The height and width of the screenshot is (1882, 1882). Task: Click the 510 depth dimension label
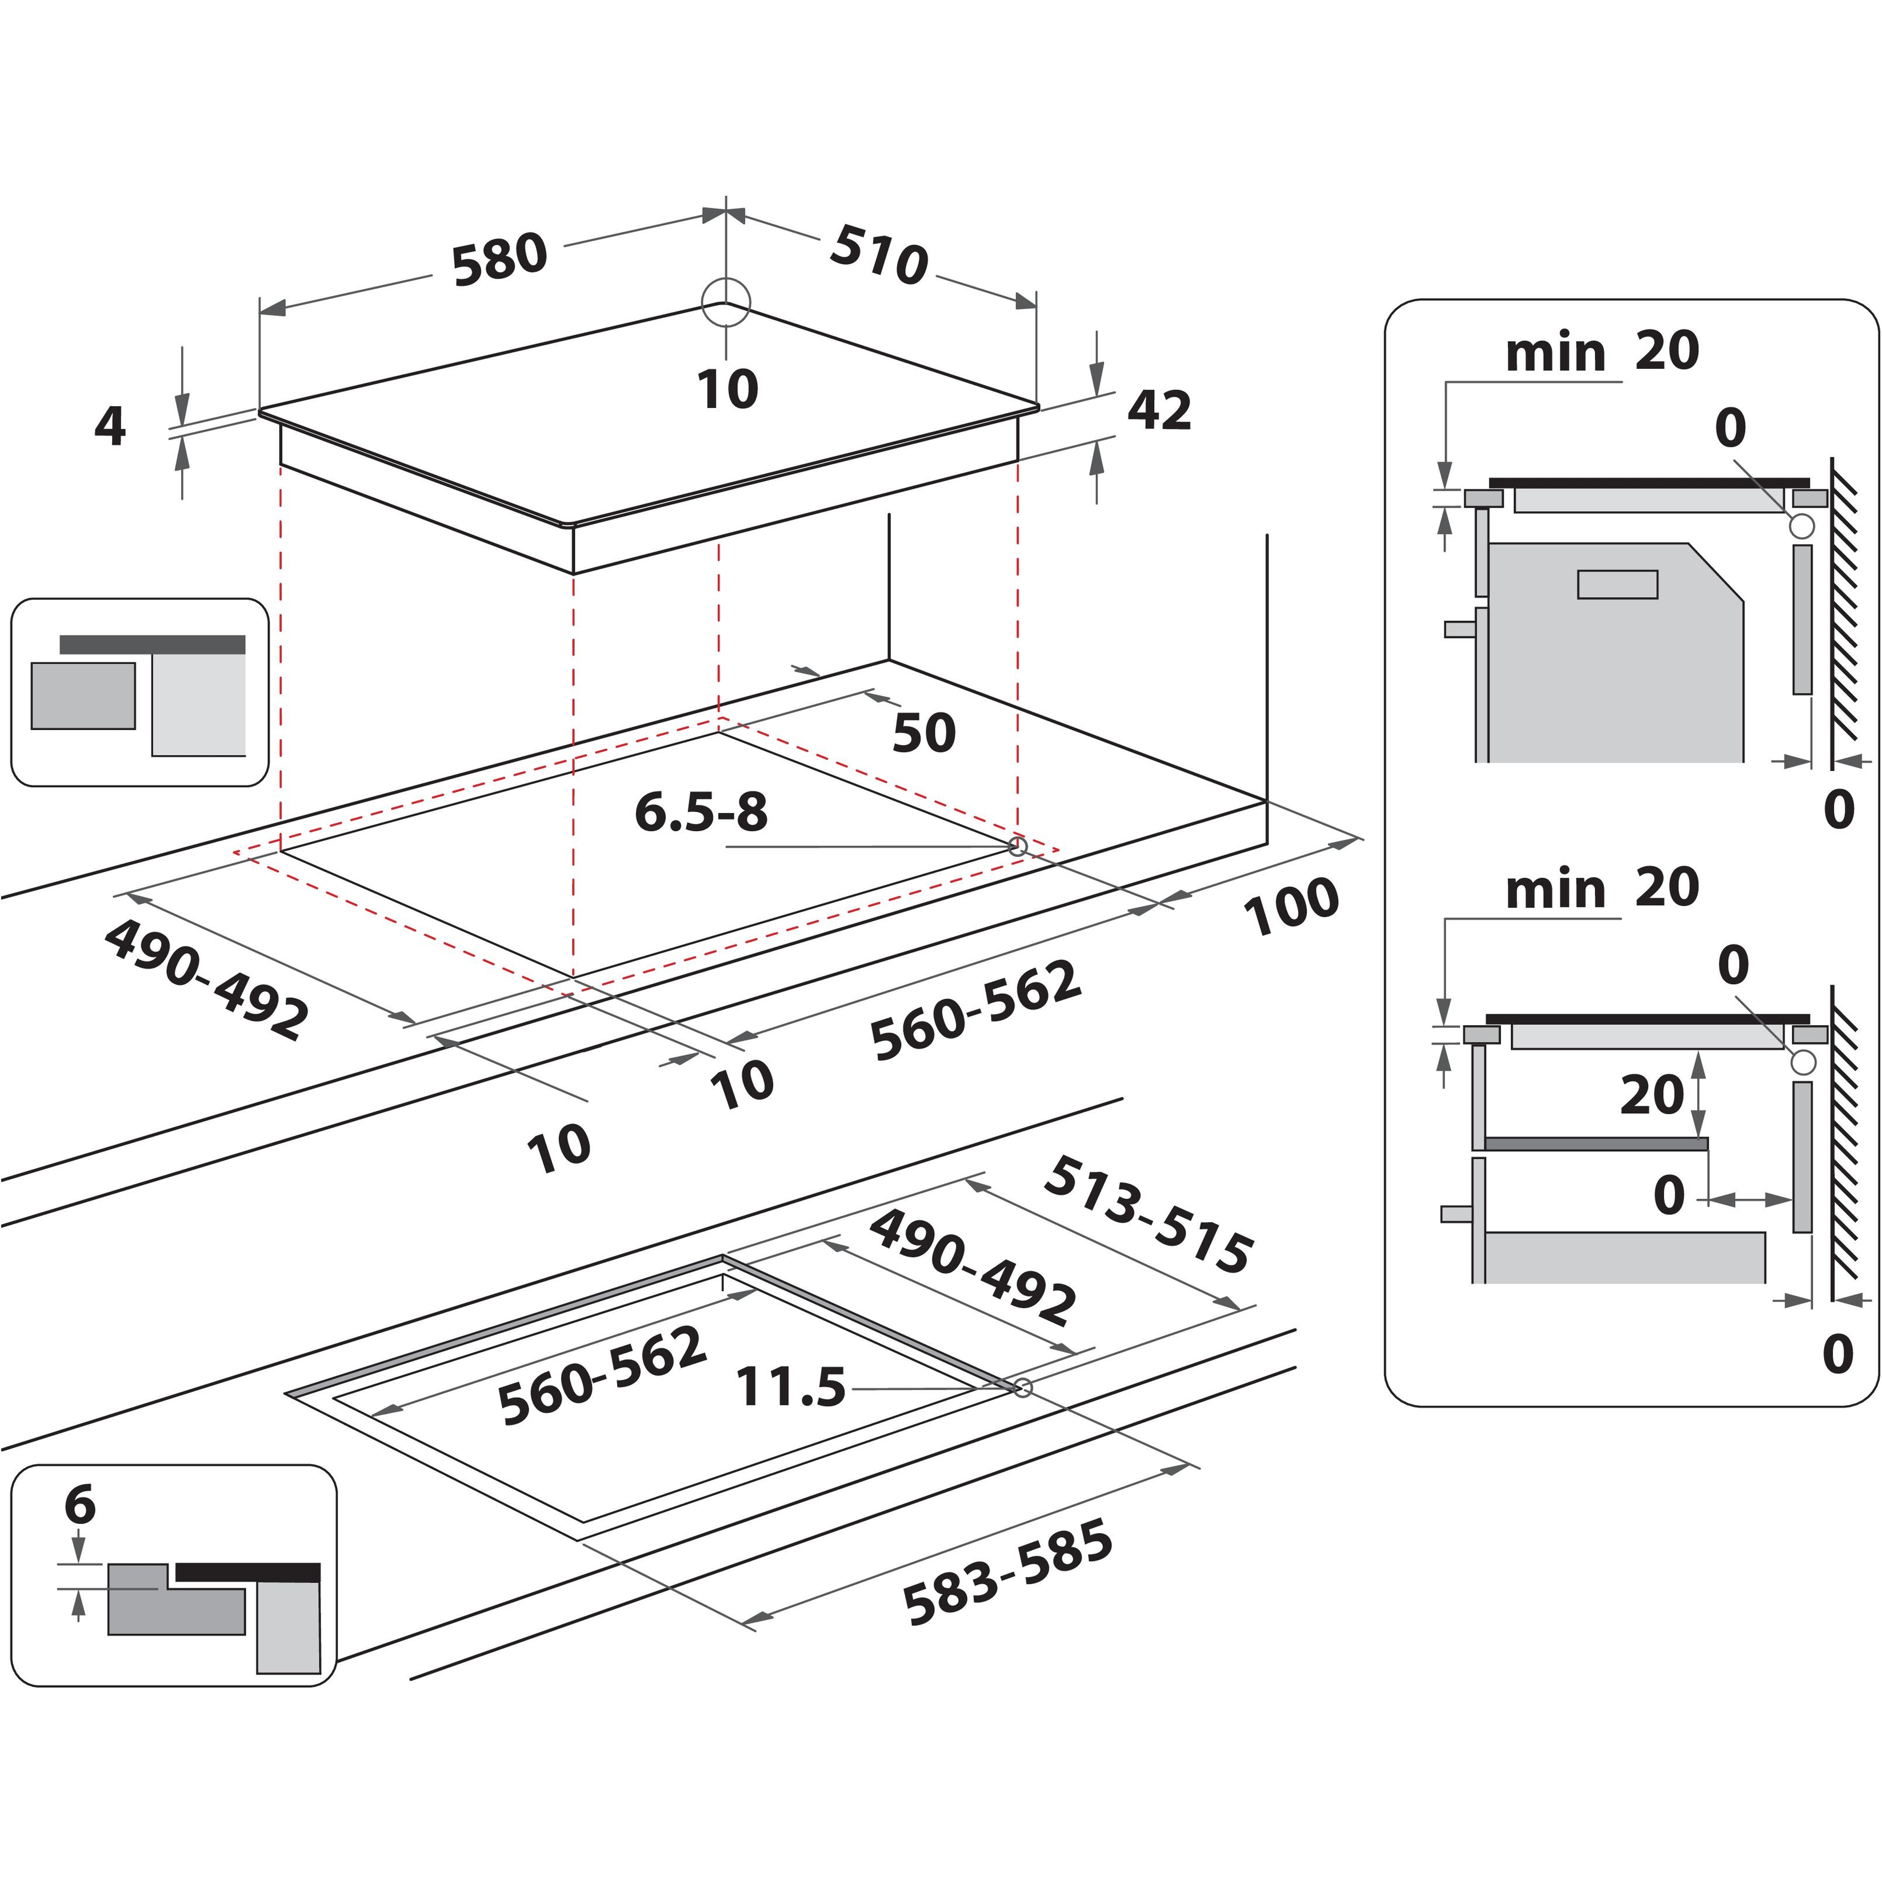coord(879,255)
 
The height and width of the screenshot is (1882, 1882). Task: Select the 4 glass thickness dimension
coord(110,425)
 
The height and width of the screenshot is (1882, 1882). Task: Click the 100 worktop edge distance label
coord(1291,906)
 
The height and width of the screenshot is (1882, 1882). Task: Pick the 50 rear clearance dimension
coord(924,732)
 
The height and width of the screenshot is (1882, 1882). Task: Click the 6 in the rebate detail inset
coord(80,1505)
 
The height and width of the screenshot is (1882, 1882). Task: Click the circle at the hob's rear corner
coord(726,302)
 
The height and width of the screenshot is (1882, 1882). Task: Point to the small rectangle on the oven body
coord(1617,584)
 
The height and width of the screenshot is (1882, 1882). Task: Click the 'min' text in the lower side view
coord(1555,890)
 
